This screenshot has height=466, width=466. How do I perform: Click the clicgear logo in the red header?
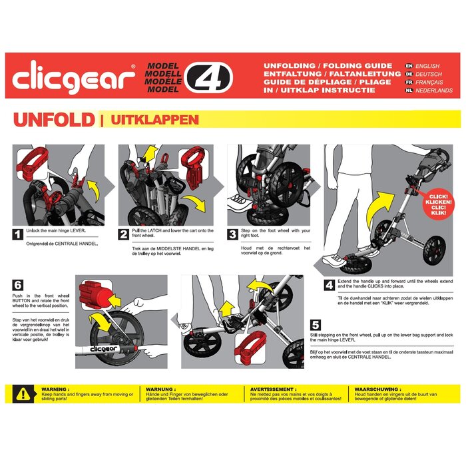(x=74, y=79)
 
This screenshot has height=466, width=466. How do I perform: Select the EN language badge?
(x=409, y=67)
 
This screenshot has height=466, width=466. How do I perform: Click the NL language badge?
(x=409, y=90)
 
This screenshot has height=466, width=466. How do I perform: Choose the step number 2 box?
(x=124, y=234)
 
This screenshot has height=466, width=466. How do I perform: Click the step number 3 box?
(x=232, y=234)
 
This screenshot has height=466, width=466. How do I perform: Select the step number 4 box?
(x=329, y=286)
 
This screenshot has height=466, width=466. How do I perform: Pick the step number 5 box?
(x=315, y=326)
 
